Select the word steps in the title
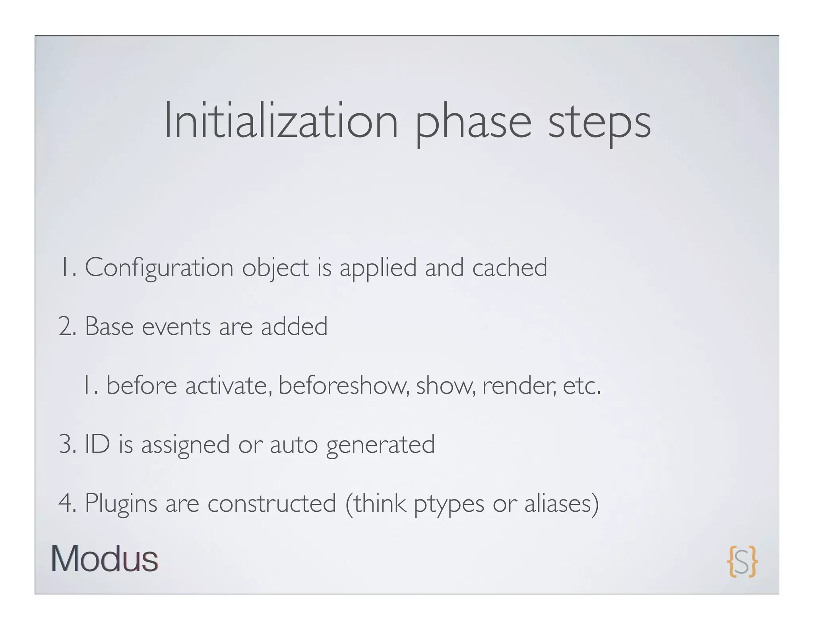[x=599, y=123]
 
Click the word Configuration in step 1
[x=159, y=268]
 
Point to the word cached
[x=510, y=267]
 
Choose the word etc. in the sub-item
[x=581, y=386]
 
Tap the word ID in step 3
[x=97, y=444]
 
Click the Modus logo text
[x=105, y=559]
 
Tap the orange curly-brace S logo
[x=742, y=561]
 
